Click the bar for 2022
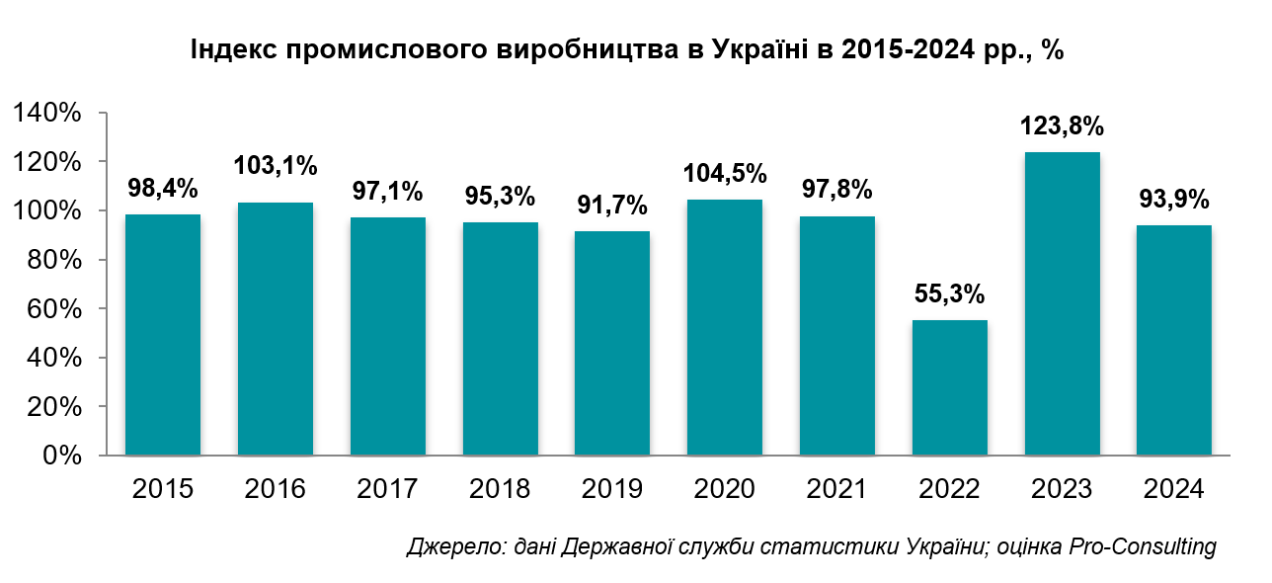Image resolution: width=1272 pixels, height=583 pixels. click(950, 387)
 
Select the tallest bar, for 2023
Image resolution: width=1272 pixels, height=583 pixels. click(1063, 303)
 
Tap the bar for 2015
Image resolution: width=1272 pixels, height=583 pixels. click(163, 335)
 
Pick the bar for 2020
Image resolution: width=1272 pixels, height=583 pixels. click(725, 327)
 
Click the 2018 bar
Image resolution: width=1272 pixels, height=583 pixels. click(501, 339)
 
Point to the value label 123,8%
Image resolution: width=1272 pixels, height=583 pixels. click(1063, 127)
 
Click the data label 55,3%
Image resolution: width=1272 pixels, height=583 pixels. click(950, 295)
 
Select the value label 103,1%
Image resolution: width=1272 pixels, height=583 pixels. click(276, 166)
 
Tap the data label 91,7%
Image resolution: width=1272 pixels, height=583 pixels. click(612, 206)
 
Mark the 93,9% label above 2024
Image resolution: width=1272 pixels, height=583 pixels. click(1174, 200)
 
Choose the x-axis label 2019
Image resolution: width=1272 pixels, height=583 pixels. click(612, 489)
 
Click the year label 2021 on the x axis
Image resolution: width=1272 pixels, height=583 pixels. click(837, 489)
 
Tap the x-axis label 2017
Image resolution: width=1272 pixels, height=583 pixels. click(387, 489)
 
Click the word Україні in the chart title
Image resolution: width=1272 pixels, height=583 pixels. click(755, 50)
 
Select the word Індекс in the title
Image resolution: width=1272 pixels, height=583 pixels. click(229, 50)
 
